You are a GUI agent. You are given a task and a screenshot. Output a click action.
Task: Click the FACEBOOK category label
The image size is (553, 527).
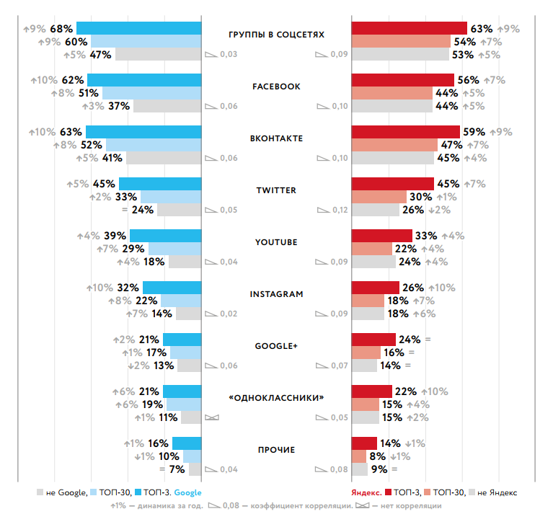click(276, 87)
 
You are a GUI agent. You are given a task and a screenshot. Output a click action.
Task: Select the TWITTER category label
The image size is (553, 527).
click(276, 190)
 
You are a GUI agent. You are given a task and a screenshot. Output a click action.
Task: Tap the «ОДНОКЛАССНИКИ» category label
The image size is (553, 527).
click(276, 398)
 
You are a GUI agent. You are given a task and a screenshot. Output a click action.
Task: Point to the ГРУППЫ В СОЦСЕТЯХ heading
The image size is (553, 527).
click(276, 35)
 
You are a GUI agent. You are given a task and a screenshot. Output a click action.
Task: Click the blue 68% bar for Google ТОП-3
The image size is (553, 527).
click(138, 28)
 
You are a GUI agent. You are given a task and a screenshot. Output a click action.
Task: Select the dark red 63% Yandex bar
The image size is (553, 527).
click(409, 28)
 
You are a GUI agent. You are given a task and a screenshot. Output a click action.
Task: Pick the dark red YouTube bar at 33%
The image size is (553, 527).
click(381, 236)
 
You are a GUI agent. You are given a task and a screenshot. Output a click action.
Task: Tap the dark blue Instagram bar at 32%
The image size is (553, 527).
click(172, 288)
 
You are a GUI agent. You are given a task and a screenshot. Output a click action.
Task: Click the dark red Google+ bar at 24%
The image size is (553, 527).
click(373, 340)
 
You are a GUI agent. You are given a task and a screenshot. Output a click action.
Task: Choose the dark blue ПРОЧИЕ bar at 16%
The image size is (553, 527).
click(186, 443)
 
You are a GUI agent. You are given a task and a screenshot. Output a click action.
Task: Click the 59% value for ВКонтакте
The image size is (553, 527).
click(474, 132)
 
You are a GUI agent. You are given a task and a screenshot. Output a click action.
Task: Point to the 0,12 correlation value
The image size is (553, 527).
click(339, 211)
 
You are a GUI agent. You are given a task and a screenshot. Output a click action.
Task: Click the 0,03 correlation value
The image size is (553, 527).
click(228, 55)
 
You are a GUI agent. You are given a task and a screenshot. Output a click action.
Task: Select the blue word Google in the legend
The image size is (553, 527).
click(188, 493)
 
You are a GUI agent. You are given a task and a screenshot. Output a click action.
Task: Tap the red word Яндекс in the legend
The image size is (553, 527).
click(366, 493)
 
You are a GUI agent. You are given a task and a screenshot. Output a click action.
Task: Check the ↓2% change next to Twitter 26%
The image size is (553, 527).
click(438, 210)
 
